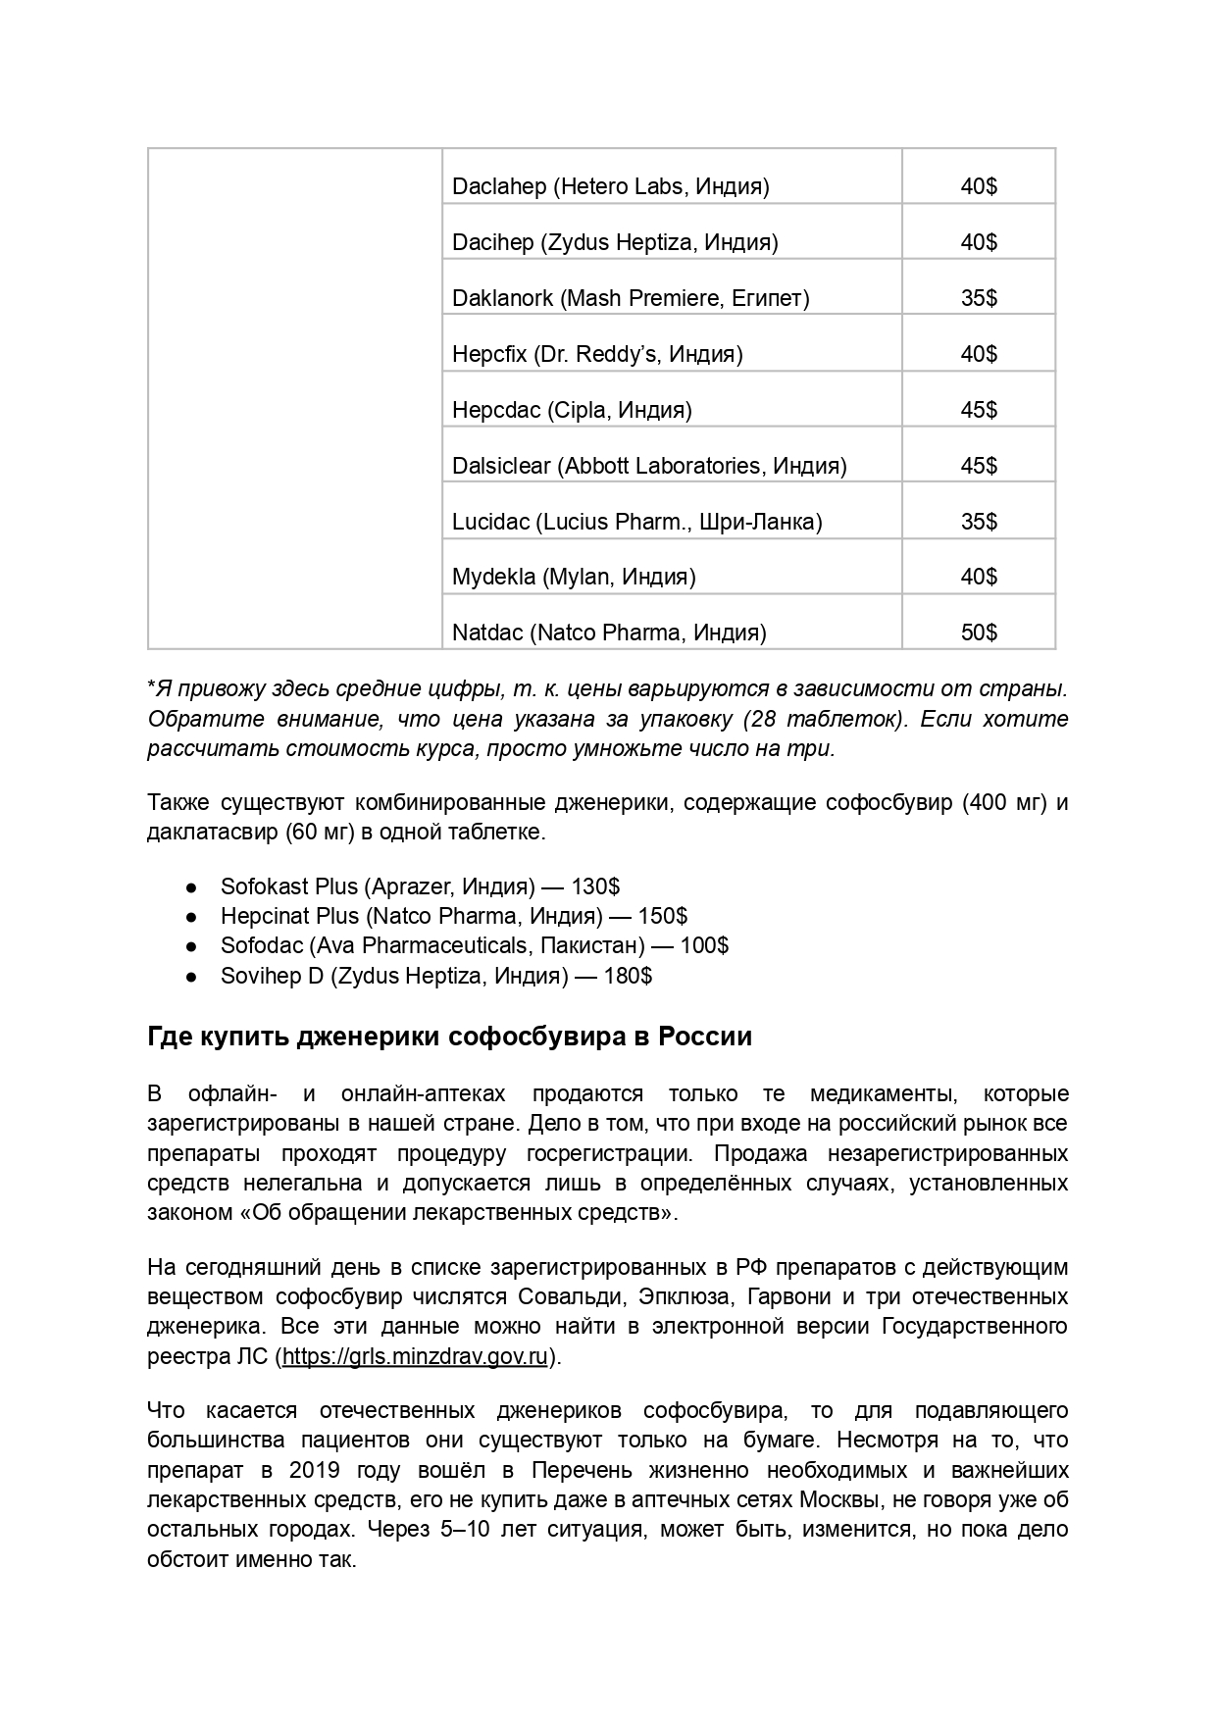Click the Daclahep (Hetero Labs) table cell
click(x=610, y=186)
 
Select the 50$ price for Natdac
click(x=978, y=633)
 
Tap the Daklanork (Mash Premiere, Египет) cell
click(x=630, y=298)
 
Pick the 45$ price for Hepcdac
click(x=978, y=410)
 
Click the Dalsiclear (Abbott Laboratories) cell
click(x=648, y=466)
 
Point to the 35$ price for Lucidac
click(x=978, y=522)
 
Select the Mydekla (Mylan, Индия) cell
click(x=574, y=577)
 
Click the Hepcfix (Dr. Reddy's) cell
click(x=596, y=354)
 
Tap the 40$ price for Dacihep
click(x=978, y=242)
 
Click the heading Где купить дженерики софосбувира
click(x=449, y=1037)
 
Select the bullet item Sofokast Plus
click(x=419, y=886)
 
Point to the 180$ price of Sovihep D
click(x=628, y=976)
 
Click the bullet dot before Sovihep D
click(x=193, y=977)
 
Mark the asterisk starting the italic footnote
click(x=152, y=686)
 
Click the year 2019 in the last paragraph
click(x=315, y=1471)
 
